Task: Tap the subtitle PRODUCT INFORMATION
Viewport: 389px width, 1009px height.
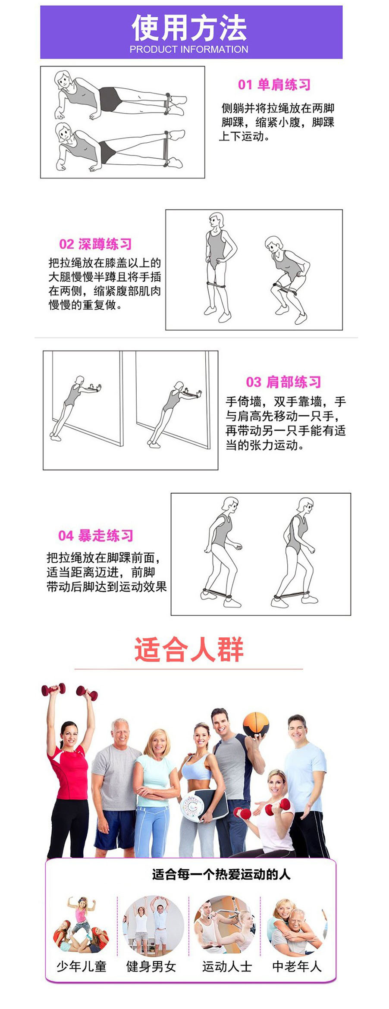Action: (189, 50)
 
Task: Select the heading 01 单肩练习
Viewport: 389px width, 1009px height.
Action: (274, 85)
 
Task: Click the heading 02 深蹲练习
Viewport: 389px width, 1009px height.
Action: (95, 244)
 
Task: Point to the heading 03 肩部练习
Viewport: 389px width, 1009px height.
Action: (283, 382)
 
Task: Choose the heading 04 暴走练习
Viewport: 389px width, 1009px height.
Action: (96, 536)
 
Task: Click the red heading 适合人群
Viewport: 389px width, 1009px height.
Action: (189, 649)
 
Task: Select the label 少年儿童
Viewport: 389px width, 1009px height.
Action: (82, 966)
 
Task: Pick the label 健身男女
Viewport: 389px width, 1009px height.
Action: (151, 966)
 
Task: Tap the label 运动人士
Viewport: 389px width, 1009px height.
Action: (227, 966)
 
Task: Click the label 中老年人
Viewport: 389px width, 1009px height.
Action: (297, 966)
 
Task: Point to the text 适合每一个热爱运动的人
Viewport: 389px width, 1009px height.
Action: (221, 874)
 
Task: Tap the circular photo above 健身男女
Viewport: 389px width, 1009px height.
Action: (154, 927)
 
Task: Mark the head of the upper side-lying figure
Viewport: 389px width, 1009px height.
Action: (63, 80)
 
